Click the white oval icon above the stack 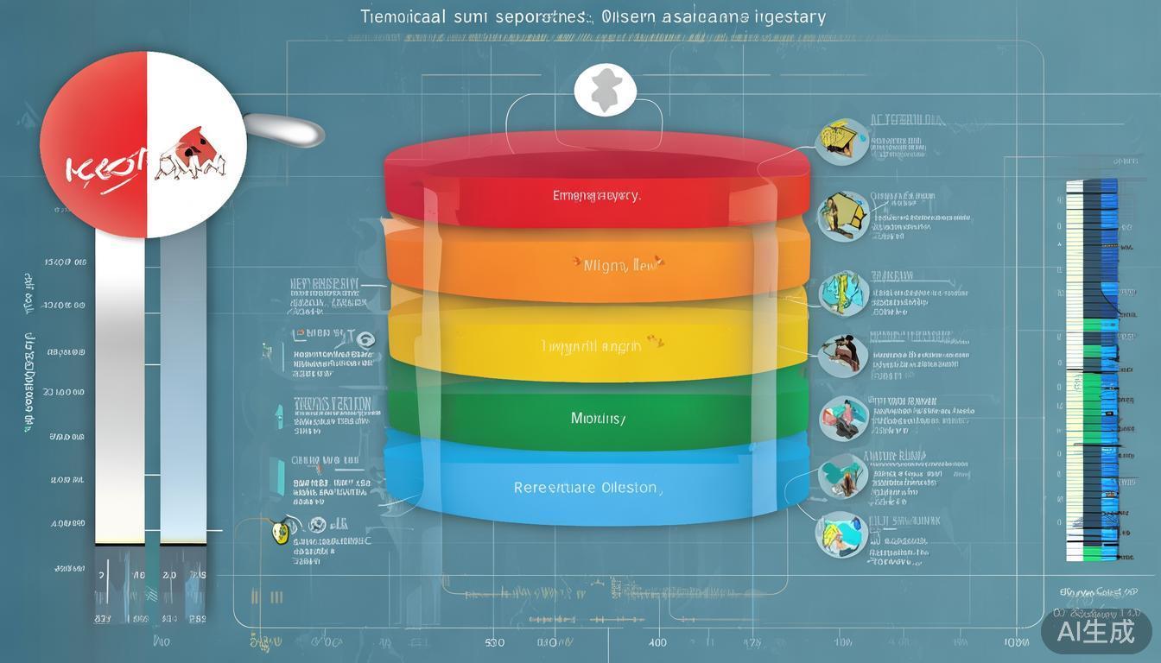click(606, 91)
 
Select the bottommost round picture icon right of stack click(841, 534)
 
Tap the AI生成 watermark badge click(1096, 631)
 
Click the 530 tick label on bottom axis click(495, 643)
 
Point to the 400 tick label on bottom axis click(657, 643)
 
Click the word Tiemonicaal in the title click(398, 16)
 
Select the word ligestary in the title click(790, 16)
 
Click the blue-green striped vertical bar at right click(1092, 371)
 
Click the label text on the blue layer click(587, 488)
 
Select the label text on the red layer click(596, 196)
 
